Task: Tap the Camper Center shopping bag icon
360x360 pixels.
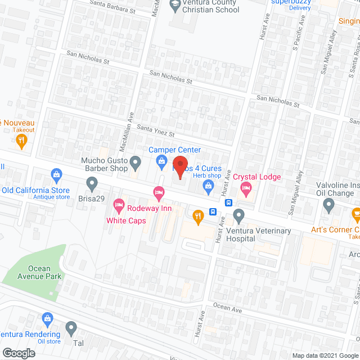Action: coord(161,163)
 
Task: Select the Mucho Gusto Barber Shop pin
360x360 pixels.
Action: coord(135,163)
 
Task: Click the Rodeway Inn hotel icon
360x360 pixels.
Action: coord(159,193)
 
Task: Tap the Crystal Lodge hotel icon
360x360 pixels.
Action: coord(246,191)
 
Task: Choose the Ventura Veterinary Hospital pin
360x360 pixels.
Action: coord(239,214)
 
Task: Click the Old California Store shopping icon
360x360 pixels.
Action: coord(56,174)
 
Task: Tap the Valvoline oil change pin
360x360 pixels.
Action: coord(330,206)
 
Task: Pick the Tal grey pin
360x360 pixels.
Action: coord(71,327)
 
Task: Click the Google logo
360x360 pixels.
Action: coord(18,353)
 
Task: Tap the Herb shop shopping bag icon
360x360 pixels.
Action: coord(208,190)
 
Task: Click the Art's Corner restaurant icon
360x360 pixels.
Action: coord(355,214)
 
